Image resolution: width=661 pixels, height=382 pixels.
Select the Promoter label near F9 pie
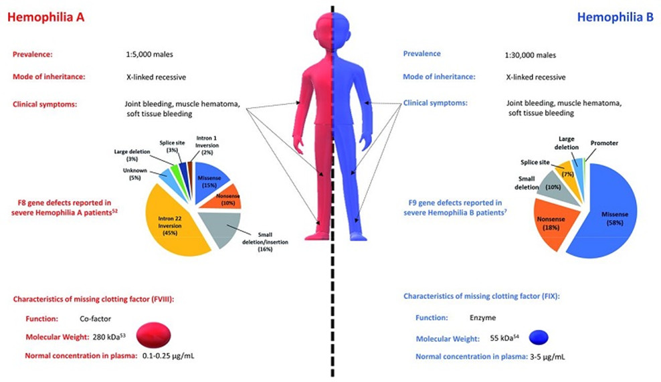[x=603, y=144]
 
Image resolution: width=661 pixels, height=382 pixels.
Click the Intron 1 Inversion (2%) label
[x=206, y=147]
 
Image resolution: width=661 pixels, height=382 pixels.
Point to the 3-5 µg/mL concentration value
[x=547, y=356]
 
